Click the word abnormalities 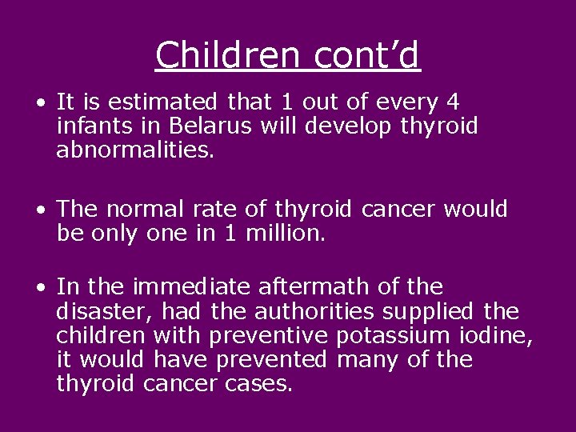pos(135,150)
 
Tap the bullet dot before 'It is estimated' pos(39,103)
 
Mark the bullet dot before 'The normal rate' pos(39,210)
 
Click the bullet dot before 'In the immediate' pos(39,287)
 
